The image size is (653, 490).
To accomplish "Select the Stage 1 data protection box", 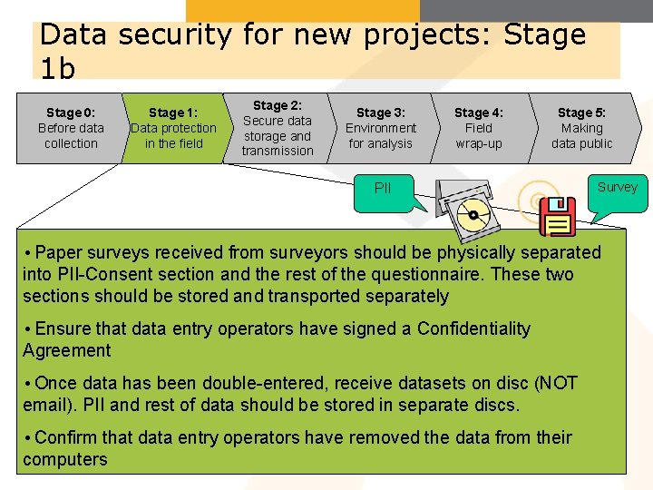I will (173, 128).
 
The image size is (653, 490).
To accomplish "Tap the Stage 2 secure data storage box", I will (277, 128).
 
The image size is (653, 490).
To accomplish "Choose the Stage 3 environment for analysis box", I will (381, 128).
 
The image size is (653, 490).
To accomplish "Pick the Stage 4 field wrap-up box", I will (479, 128).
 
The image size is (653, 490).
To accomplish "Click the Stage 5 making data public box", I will (582, 128).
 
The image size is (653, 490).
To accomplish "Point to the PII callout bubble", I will (384, 191).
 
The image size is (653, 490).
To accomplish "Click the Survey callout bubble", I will (617, 189).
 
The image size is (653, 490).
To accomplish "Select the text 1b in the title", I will (58, 68).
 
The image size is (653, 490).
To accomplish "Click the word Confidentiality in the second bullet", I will (473, 328).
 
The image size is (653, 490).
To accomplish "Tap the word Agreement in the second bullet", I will (66, 350).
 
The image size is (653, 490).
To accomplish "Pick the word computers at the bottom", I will (65, 459).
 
